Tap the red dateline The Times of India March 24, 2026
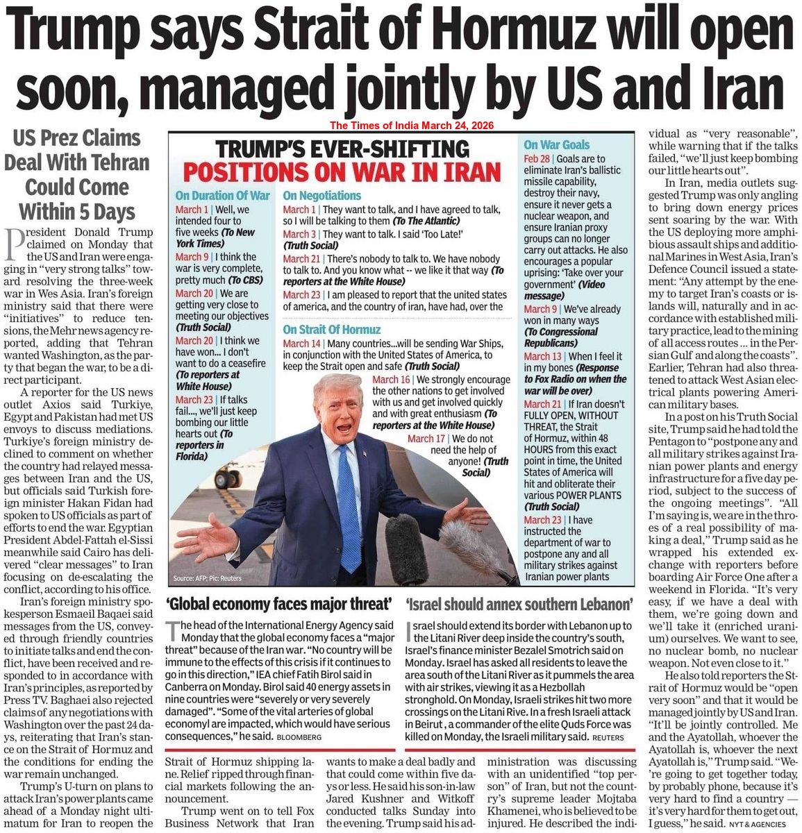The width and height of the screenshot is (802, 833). pyautogui.click(x=412, y=126)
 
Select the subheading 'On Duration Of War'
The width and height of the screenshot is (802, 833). pyautogui.click(x=222, y=196)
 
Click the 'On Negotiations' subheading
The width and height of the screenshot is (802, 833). pyautogui.click(x=322, y=196)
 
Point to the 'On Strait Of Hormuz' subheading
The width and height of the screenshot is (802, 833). pyautogui.click(x=332, y=330)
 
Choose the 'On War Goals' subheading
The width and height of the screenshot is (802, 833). pyautogui.click(x=557, y=145)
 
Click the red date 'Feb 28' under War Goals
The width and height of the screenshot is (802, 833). pyautogui.click(x=537, y=159)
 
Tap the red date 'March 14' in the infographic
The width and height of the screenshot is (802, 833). pyautogui.click(x=302, y=344)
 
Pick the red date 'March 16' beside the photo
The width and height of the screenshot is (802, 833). pyautogui.click(x=391, y=380)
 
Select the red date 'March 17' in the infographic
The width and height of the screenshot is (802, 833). pyautogui.click(x=426, y=439)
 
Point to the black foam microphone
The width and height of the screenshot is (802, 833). pyautogui.click(x=406, y=548)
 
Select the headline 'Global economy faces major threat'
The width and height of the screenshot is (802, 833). pyautogui.click(x=279, y=603)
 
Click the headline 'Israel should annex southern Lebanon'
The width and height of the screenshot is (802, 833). pyautogui.click(x=519, y=603)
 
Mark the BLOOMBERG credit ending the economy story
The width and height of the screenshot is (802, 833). pyautogui.click(x=301, y=737)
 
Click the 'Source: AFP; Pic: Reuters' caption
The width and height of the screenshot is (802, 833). pyautogui.click(x=206, y=578)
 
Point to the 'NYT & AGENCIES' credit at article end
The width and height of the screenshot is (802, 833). pyautogui.click(x=762, y=824)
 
